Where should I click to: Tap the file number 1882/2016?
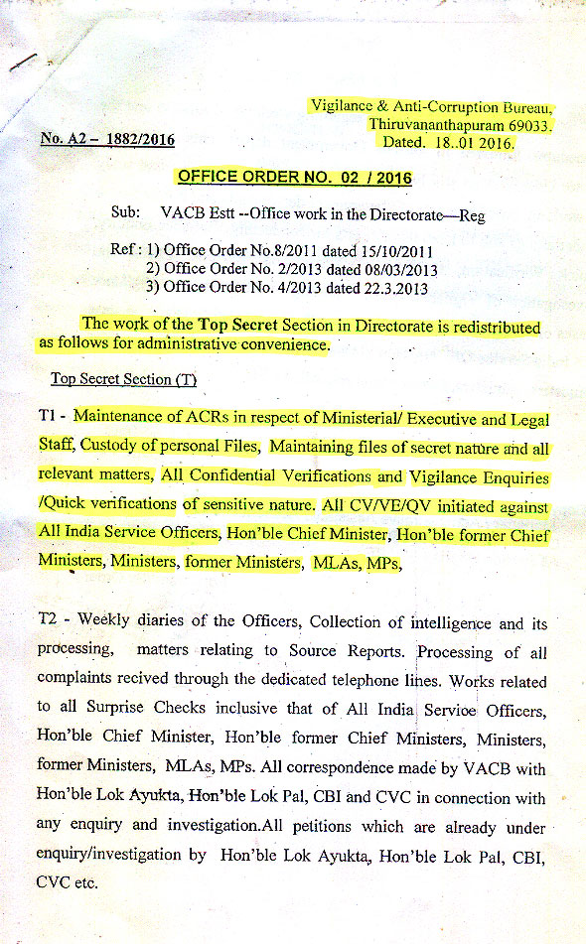(x=137, y=140)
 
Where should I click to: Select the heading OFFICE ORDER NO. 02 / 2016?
(x=293, y=178)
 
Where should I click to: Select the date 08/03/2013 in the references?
(x=398, y=270)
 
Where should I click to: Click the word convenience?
(x=279, y=344)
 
